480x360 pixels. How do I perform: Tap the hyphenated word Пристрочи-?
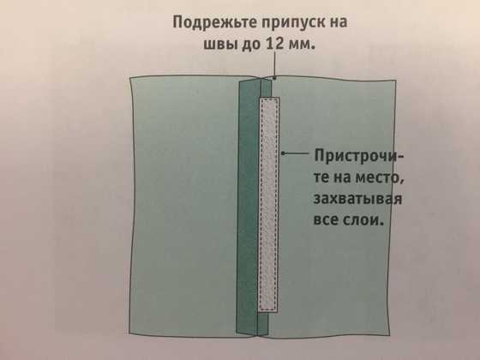359,156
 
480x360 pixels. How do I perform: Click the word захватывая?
357,199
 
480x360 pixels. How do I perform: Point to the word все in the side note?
325,219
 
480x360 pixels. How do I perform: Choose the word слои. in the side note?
363,219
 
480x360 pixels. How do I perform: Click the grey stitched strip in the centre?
269,205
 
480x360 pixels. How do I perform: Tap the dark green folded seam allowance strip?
248,208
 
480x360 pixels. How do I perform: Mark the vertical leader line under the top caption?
275,65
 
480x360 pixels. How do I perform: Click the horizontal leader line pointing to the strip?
295,153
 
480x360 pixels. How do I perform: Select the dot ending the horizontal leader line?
283,153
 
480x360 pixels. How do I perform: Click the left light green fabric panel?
184,206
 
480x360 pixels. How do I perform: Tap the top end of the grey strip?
269,98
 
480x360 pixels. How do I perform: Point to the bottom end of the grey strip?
267,312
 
